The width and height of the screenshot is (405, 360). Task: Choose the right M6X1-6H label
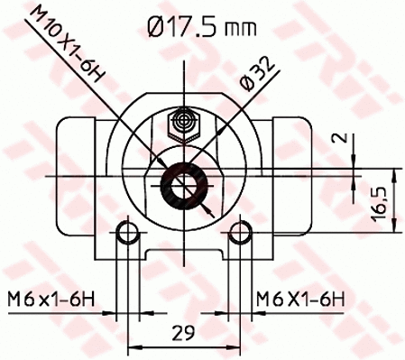click(x=299, y=297)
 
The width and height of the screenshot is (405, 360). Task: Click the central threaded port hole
click(x=185, y=188)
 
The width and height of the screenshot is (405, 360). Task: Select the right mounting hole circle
click(x=239, y=235)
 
